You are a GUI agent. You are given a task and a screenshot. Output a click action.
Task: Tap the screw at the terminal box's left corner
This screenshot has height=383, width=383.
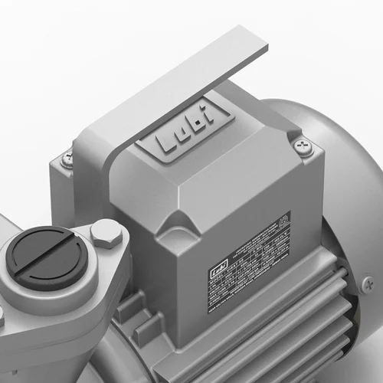68,158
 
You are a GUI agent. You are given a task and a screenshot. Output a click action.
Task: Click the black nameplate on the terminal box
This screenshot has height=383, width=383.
247,264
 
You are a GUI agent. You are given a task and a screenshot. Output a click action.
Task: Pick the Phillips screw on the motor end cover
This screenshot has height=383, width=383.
367,283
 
